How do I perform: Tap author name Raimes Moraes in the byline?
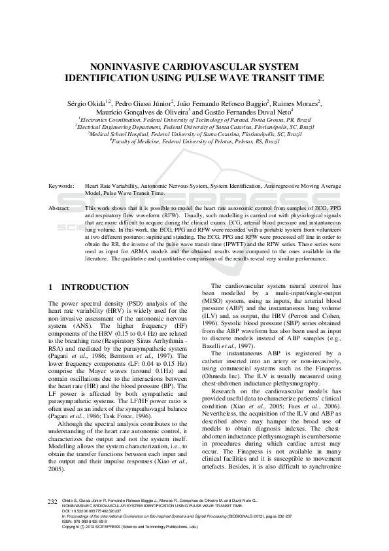tap(296, 103)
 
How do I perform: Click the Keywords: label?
tap(61, 187)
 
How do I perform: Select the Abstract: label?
tap(60, 208)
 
